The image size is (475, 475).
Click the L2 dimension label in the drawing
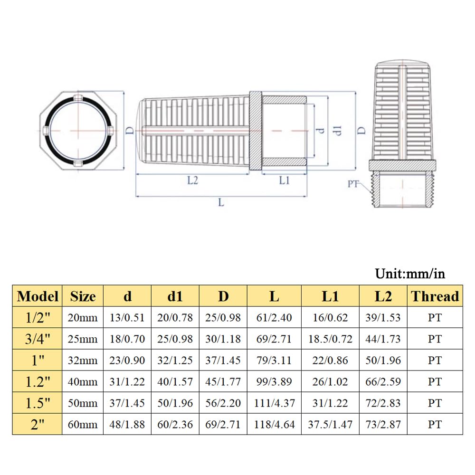(192, 180)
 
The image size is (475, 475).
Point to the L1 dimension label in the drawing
(284, 180)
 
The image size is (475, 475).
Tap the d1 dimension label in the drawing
(338, 130)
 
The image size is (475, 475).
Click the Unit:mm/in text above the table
(410, 274)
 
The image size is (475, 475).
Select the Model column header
(38, 296)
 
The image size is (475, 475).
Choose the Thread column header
(435, 296)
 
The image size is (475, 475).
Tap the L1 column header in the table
(330, 296)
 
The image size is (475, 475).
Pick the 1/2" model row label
(38, 317)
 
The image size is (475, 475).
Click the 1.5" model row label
(38, 403)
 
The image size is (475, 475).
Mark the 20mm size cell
(83, 317)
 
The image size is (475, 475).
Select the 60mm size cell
(83, 424)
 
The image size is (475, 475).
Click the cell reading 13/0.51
(127, 317)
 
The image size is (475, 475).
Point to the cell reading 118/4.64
(274, 424)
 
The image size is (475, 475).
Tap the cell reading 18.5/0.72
(330, 339)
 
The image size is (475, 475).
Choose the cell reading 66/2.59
(383, 381)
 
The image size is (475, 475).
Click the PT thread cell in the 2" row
(435, 424)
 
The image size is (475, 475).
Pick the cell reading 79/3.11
(274, 360)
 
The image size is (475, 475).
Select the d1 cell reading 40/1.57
(175, 381)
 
